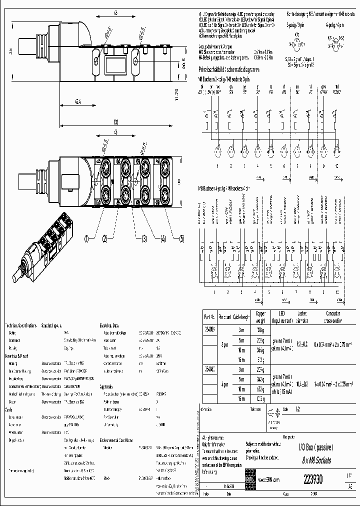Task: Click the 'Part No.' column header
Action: pos(209,317)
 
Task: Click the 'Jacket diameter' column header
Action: pos(302,317)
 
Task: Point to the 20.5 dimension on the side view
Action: pos(181,64)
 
